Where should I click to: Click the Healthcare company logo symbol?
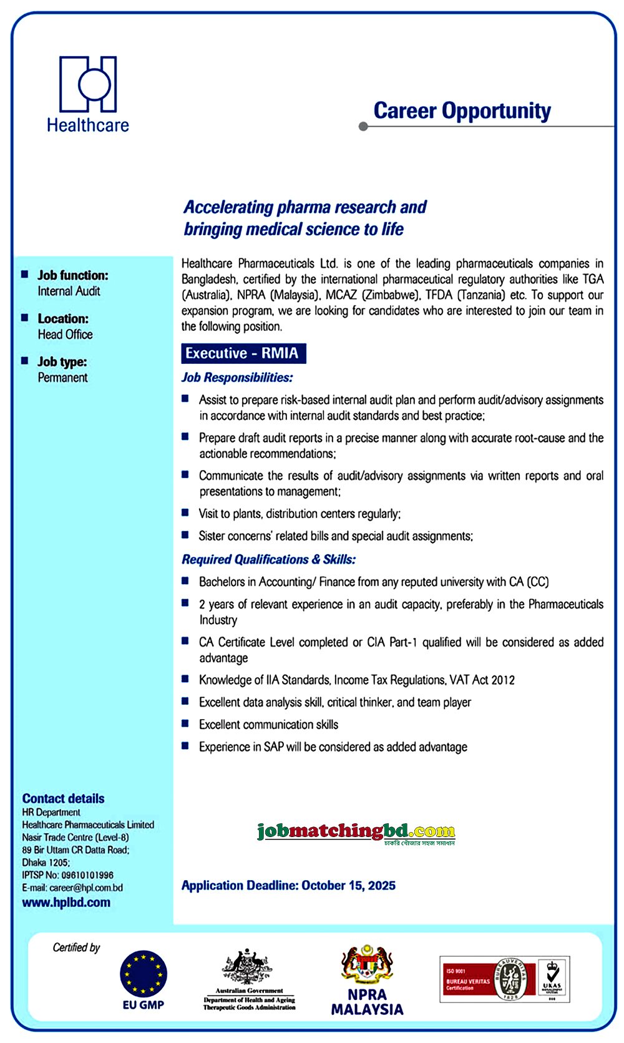point(88,84)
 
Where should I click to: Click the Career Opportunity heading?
point(462,111)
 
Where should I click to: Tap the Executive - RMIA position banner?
point(243,353)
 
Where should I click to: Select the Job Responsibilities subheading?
point(236,378)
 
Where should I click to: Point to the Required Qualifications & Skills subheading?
point(268,559)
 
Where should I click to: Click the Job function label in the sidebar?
point(72,275)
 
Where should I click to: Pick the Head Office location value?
point(65,335)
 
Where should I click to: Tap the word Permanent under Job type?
point(62,378)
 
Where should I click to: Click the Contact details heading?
point(63,798)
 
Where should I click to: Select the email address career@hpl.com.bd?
point(86,888)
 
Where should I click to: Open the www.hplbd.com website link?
point(66,903)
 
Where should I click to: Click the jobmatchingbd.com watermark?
point(356,832)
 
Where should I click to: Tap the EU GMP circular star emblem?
point(144,974)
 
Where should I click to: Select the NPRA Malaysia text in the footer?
point(367,1002)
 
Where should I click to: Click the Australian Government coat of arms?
point(248,966)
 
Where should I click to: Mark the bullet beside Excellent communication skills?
point(185,724)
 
